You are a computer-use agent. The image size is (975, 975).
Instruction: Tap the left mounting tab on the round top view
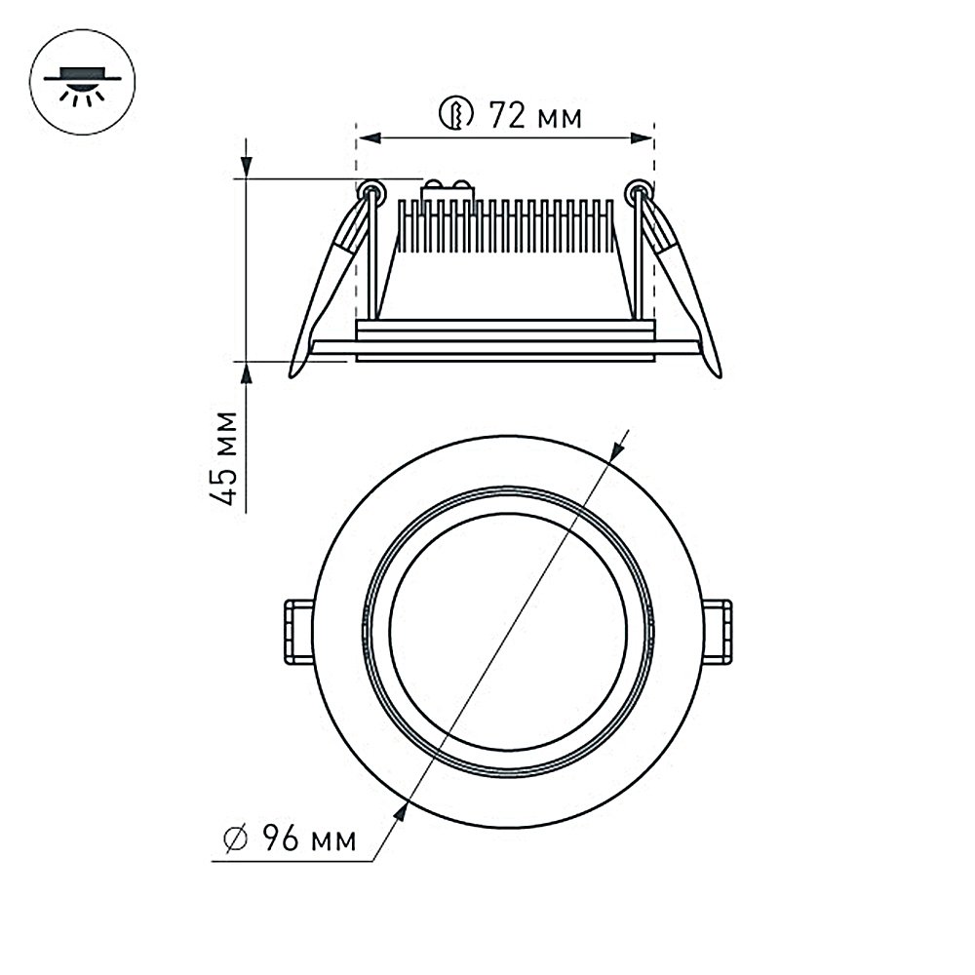click(297, 633)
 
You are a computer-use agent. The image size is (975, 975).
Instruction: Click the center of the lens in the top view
click(507, 632)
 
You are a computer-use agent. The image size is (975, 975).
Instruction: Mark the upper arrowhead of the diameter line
click(615, 451)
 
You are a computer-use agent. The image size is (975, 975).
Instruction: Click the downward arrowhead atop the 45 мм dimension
click(247, 167)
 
